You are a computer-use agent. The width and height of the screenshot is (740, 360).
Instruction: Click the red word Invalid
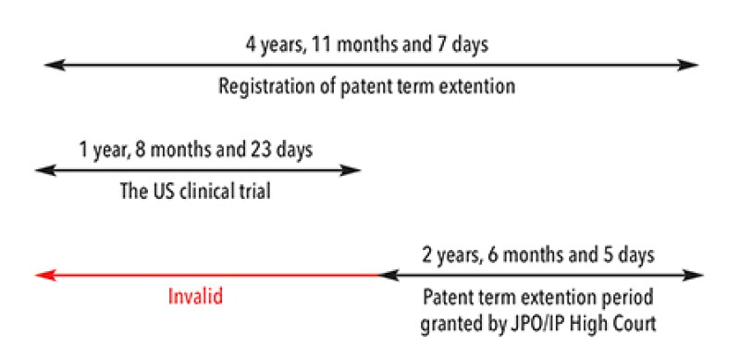coord(195,297)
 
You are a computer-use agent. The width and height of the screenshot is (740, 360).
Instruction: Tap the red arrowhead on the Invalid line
coord(45,275)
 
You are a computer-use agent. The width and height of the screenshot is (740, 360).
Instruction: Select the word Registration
coord(265,87)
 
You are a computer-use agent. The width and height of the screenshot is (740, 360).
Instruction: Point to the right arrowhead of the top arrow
coord(687,65)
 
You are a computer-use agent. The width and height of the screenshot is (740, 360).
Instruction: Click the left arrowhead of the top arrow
coord(55,65)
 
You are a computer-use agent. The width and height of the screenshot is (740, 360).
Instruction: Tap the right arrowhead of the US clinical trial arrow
coord(351,170)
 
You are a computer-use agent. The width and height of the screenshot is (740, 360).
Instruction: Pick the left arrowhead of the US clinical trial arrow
coord(45,170)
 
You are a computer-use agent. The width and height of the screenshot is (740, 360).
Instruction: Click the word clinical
coord(207,192)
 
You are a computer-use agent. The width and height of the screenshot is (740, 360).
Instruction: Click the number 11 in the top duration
coord(325,45)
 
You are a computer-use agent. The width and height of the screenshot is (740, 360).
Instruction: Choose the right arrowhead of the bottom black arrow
coord(693,275)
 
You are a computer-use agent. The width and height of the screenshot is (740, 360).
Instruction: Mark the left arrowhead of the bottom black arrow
coord(388,275)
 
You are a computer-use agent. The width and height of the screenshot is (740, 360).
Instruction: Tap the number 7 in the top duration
coord(438,45)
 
